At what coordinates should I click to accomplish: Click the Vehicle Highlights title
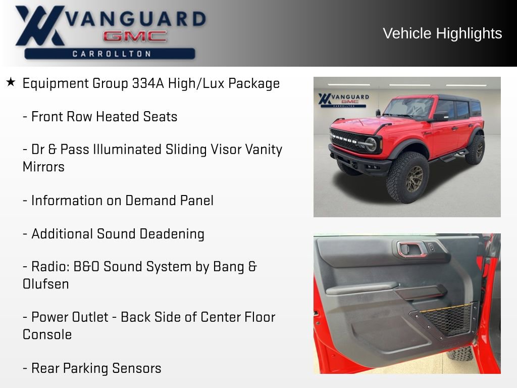tap(442, 33)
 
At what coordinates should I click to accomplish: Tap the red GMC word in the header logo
tap(135, 36)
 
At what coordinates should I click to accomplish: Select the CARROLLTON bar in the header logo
tap(110, 54)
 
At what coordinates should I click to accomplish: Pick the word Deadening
tap(172, 234)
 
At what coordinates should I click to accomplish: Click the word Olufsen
tap(46, 284)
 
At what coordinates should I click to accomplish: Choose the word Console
tap(47, 334)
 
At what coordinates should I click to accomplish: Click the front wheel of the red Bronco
tap(407, 177)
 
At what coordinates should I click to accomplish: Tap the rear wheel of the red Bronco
tap(475, 150)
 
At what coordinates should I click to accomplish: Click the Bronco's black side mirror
tap(440, 117)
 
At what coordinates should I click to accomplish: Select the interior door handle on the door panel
tap(412, 249)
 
